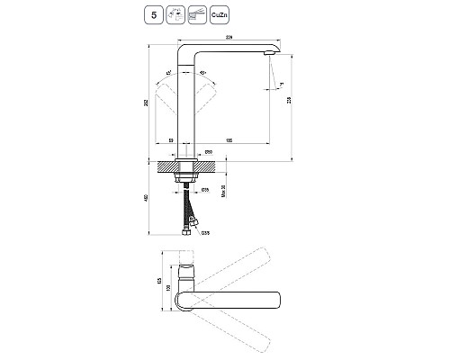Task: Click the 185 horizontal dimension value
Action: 229,141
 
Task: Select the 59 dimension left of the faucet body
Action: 171,141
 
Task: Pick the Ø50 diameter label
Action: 209,151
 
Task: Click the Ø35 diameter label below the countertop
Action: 204,190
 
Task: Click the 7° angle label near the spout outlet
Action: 280,83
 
